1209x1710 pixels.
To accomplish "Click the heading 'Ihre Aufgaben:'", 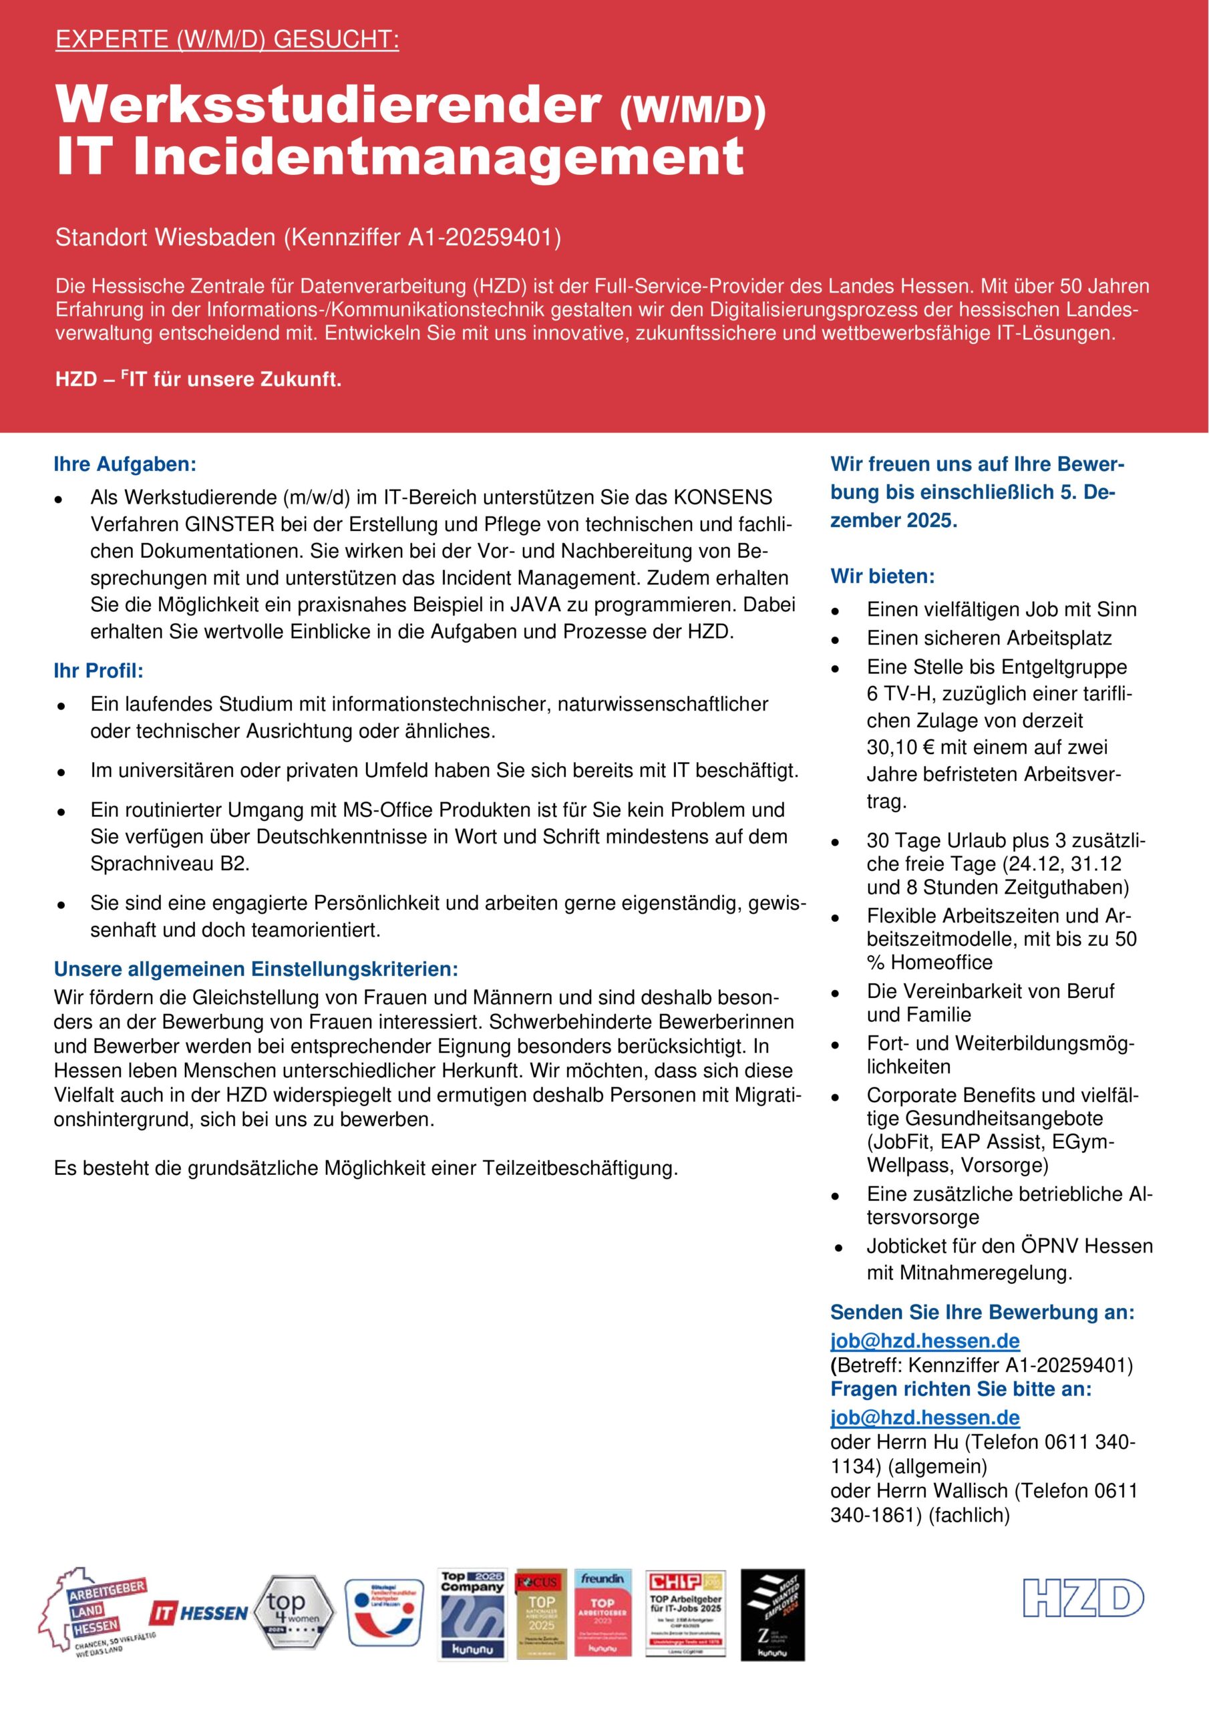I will (x=125, y=465).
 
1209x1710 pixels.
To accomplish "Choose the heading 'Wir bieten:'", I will (x=882, y=576).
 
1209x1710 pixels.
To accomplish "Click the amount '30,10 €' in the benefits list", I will (x=900, y=747).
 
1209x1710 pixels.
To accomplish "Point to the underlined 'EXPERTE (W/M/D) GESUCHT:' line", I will (x=227, y=40).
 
